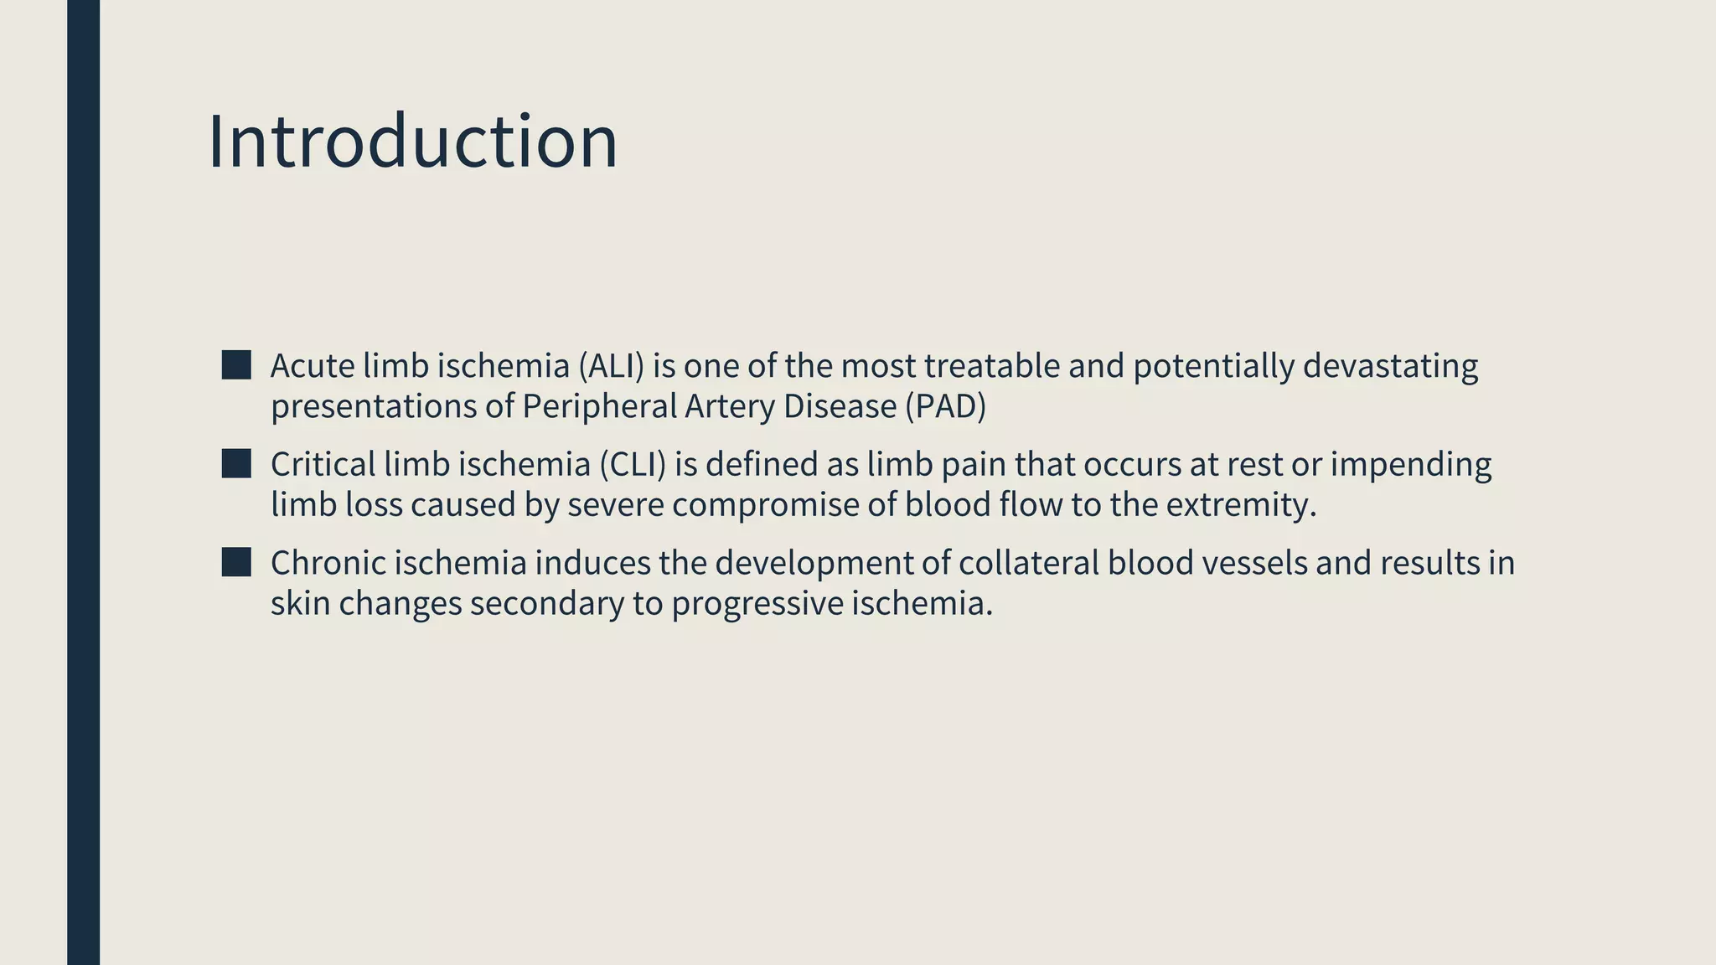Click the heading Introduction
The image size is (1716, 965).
pos(412,142)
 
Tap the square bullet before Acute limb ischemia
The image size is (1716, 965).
pos(236,365)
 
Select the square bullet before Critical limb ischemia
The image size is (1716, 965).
pos(236,463)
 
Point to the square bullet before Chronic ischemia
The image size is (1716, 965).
pos(236,562)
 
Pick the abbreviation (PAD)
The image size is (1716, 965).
pos(945,406)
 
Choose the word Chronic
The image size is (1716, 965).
pos(328,563)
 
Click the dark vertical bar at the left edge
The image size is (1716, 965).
pos(83,482)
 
